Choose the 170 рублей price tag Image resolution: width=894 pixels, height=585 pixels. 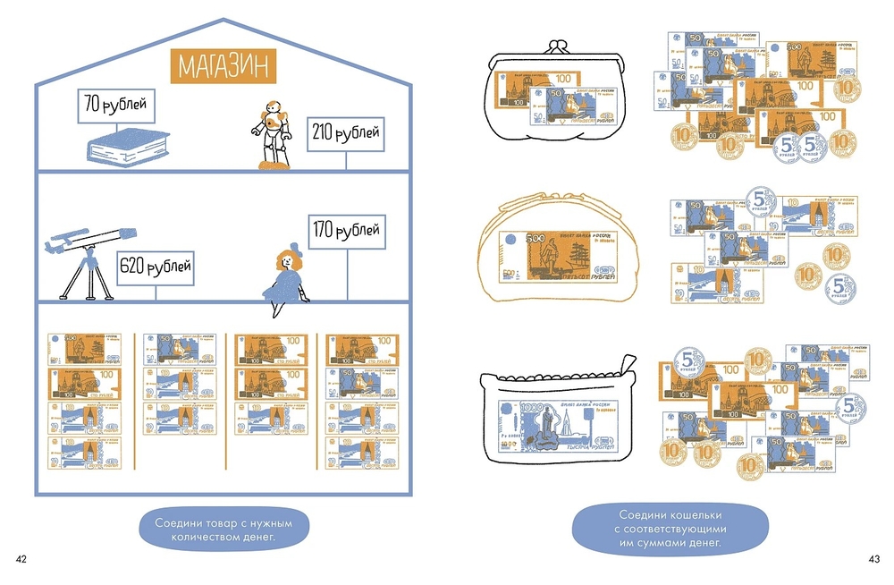(344, 232)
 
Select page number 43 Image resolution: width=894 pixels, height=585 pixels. (873, 559)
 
